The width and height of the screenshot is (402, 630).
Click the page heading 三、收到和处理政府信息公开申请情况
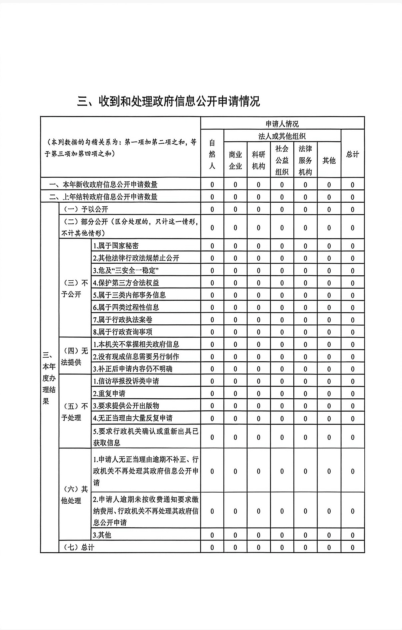[168, 101]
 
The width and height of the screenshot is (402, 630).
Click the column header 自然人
[212, 154]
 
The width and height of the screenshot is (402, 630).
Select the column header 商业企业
[235, 160]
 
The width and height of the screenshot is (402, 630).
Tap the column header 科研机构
[258, 160]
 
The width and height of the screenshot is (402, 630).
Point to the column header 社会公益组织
[282, 160]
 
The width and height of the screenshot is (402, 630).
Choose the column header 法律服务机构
[305, 160]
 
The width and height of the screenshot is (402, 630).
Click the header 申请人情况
[282, 124]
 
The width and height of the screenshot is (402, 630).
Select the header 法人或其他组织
[282, 136]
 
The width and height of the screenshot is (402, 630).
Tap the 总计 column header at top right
[352, 154]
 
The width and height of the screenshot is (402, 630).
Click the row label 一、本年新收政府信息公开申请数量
[103, 184]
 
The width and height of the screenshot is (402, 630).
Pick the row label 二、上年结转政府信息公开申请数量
[103, 197]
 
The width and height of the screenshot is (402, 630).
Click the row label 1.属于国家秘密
[116, 246]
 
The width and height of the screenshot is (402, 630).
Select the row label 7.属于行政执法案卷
[123, 320]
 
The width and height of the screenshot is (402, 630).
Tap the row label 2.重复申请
[109, 393]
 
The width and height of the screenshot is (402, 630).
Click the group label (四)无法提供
[75, 356]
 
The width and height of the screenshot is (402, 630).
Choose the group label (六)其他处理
[75, 495]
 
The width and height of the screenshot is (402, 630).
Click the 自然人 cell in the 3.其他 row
[212, 535]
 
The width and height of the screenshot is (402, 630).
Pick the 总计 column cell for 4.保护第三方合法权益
[352, 283]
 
